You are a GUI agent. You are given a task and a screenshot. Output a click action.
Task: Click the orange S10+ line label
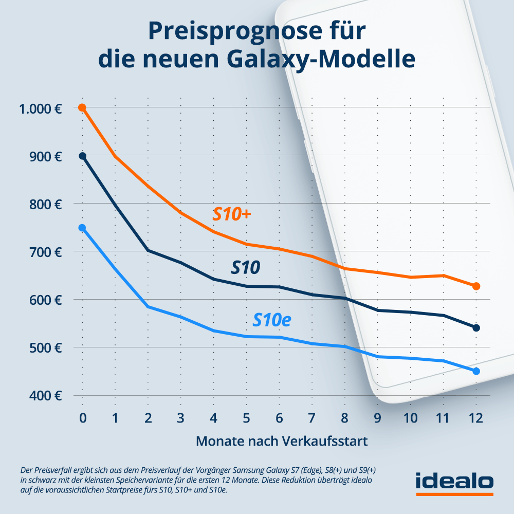[x=231, y=215]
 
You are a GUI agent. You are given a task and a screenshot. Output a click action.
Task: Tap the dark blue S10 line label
[x=245, y=267]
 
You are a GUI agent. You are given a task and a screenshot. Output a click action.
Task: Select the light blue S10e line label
[x=272, y=320]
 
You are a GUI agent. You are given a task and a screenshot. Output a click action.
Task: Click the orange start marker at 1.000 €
[x=82, y=107]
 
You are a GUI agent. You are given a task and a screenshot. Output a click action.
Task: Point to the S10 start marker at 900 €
[x=82, y=156]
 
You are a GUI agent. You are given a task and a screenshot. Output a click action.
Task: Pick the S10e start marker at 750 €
[x=82, y=228]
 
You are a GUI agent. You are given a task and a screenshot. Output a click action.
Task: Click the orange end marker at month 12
[x=476, y=286]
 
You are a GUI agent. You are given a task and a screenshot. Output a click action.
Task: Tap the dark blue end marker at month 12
[x=476, y=328]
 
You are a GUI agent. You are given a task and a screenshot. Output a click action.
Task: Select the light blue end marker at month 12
[x=476, y=371]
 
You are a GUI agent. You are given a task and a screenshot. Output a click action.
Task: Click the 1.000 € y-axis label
[x=40, y=109]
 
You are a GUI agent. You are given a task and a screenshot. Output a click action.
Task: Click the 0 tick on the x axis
[x=82, y=418]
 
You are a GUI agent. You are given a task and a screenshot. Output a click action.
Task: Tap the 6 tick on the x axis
[x=279, y=418]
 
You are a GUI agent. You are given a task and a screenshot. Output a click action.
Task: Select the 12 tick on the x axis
[x=476, y=418]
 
